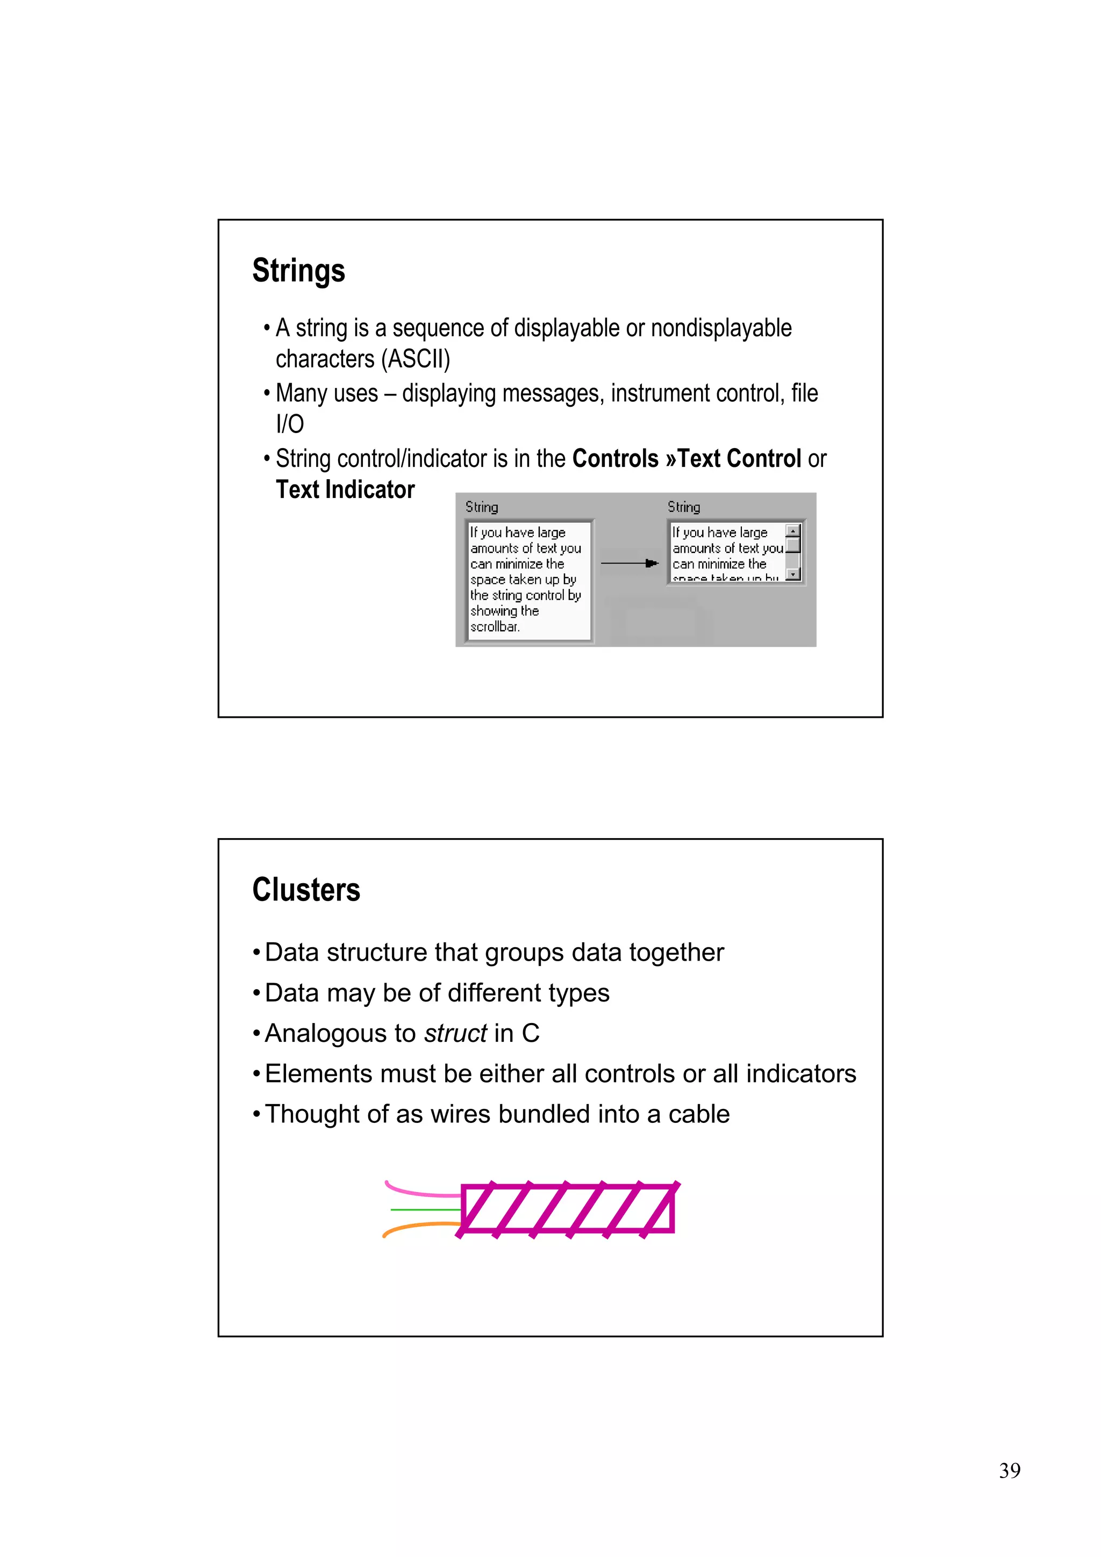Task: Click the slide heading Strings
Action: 298,271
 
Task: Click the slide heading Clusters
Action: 306,890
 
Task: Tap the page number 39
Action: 1010,1470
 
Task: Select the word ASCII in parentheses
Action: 415,359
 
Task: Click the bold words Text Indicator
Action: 345,489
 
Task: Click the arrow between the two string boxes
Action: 630,563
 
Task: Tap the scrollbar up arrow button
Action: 792,531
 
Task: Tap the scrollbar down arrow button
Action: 792,574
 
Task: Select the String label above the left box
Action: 482,507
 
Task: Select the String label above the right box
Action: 683,507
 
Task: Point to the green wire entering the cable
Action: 425,1209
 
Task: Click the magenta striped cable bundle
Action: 568,1208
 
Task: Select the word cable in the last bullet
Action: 699,1114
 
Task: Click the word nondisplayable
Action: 721,328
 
